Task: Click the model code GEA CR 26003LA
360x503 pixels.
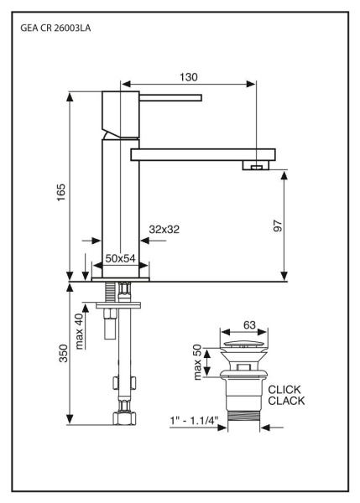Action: [55, 28]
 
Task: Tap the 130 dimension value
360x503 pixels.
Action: [189, 76]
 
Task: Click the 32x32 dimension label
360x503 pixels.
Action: [165, 228]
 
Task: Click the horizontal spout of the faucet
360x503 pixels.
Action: [201, 154]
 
